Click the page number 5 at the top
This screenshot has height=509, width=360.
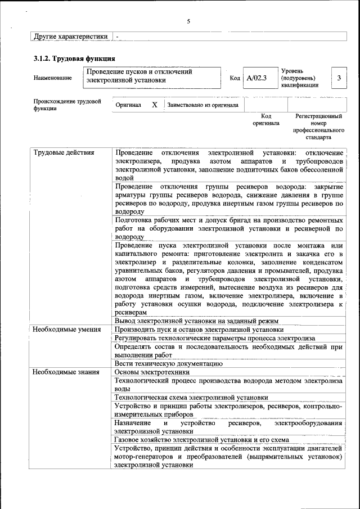(x=188, y=21)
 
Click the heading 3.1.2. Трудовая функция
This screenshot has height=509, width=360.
(x=74, y=58)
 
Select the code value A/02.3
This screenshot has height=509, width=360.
(x=256, y=77)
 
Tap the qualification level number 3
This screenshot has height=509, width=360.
(x=339, y=78)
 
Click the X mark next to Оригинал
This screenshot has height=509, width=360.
(x=154, y=105)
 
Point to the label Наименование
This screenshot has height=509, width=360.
(x=53, y=78)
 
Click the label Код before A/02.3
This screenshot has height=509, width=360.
(x=235, y=78)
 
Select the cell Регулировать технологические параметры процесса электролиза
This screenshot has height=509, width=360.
(x=214, y=337)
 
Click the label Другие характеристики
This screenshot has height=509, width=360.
(x=70, y=36)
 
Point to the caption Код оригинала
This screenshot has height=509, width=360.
(x=265, y=119)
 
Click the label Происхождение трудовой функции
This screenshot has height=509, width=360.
(x=67, y=105)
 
